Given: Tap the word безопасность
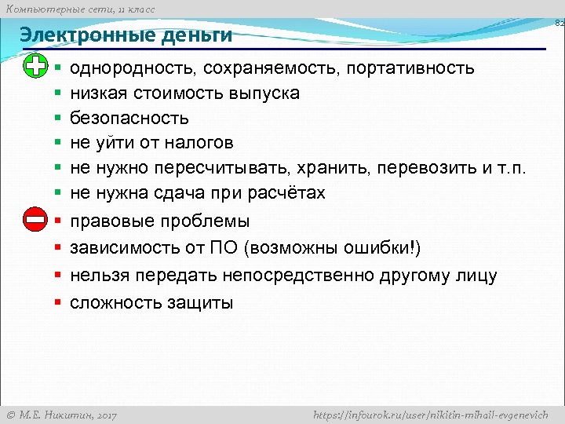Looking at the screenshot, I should pyautogui.click(x=129, y=118).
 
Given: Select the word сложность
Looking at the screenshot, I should pyautogui.click(x=115, y=302).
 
